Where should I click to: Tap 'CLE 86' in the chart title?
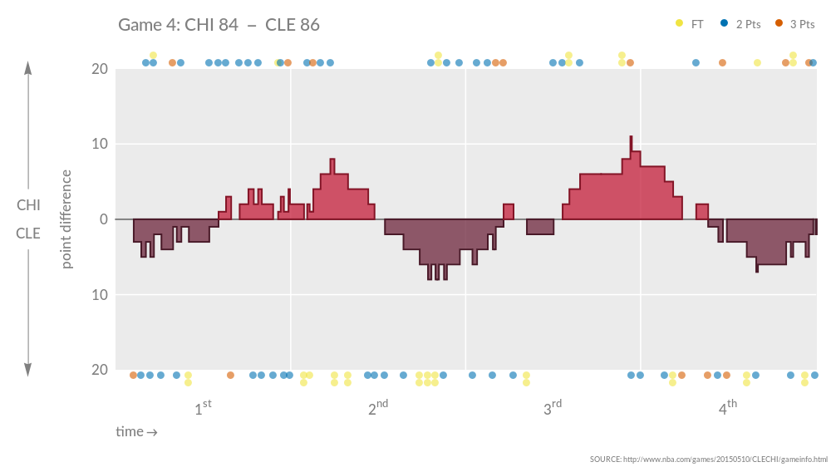click(x=293, y=25)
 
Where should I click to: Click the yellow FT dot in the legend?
click(x=680, y=24)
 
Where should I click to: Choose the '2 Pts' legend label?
click(x=748, y=24)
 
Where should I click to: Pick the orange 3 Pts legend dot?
click(x=779, y=24)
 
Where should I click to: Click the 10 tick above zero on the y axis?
click(x=99, y=145)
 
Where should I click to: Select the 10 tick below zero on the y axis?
click(x=99, y=295)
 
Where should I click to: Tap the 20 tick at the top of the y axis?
click(x=99, y=69)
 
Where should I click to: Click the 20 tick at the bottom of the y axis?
click(x=99, y=370)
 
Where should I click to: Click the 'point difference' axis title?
click(x=66, y=219)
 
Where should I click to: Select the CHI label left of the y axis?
click(x=28, y=205)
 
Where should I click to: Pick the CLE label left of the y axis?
click(x=28, y=233)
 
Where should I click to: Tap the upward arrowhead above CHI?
click(x=28, y=67)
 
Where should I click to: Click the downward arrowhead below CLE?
click(x=28, y=371)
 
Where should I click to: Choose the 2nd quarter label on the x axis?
click(x=378, y=408)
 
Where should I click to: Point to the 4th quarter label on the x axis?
click(x=727, y=408)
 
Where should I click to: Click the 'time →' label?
click(x=136, y=432)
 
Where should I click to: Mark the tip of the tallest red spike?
click(x=631, y=137)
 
